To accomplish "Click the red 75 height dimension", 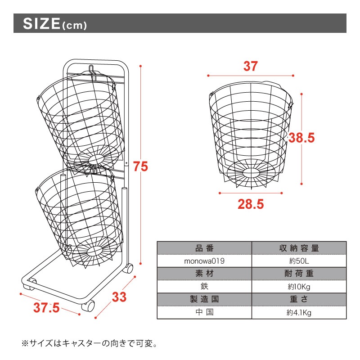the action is coord(140,166).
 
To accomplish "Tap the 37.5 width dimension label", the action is coord(46,308).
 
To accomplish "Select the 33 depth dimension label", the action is coord(119,297).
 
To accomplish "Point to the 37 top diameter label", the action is coord(251,66).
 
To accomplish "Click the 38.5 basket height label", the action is coord(301,138).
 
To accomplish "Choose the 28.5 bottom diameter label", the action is coord(251,204).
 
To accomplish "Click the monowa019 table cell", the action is coord(204,261).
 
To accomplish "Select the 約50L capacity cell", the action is coord(299,261).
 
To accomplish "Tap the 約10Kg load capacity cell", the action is coord(299,287).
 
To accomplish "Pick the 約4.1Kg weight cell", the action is coord(299,312).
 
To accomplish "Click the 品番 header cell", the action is coord(204,248).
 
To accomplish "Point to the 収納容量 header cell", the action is coord(299,248).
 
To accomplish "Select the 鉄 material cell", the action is coord(204,287).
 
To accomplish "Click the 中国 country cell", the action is coord(204,312).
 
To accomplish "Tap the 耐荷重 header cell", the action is coord(299,274).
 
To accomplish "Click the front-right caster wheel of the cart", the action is coord(88,306).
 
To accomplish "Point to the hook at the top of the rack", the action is coord(92,72).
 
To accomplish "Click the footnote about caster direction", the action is coord(89,344).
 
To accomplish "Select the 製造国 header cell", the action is coord(204,299).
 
